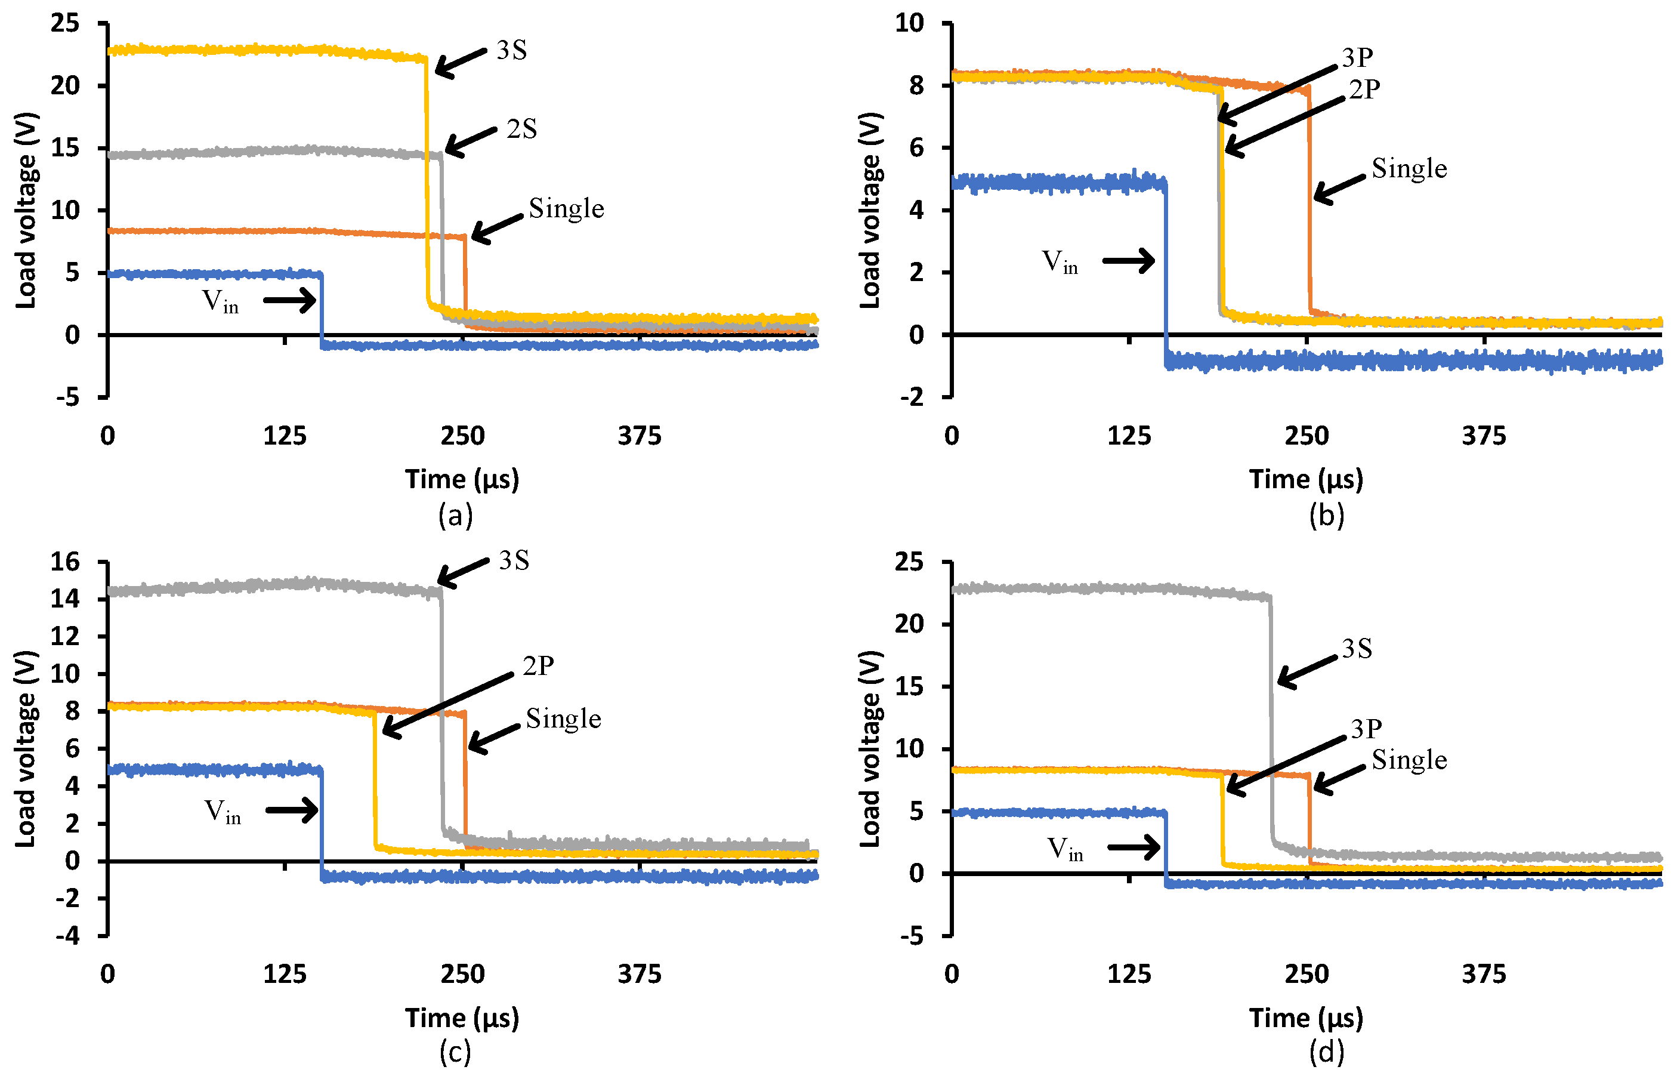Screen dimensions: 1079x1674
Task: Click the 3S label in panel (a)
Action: [511, 51]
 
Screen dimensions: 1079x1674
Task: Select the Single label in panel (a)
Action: [566, 208]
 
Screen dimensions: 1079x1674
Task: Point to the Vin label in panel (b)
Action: [1059, 261]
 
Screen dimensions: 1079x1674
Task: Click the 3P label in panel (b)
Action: [1357, 57]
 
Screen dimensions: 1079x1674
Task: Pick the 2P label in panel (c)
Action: [538, 665]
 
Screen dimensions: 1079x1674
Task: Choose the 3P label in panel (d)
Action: [1366, 729]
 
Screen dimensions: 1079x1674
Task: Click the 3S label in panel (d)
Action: [1357, 649]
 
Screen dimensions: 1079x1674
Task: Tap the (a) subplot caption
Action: [455, 516]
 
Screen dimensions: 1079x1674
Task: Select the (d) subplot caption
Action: [1326, 1052]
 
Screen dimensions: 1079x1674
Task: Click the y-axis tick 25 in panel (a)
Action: [65, 23]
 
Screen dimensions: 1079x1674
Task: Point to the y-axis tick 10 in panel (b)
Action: [909, 23]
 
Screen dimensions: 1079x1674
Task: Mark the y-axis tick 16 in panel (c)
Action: [65, 562]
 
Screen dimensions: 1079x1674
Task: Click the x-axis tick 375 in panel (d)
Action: [1484, 974]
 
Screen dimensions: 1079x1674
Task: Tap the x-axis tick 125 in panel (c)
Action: [285, 974]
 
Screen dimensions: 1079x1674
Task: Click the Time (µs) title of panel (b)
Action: [1307, 479]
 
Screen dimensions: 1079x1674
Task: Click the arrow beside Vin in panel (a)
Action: [289, 301]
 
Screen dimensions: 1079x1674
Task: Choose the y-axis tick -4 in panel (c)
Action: [68, 936]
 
